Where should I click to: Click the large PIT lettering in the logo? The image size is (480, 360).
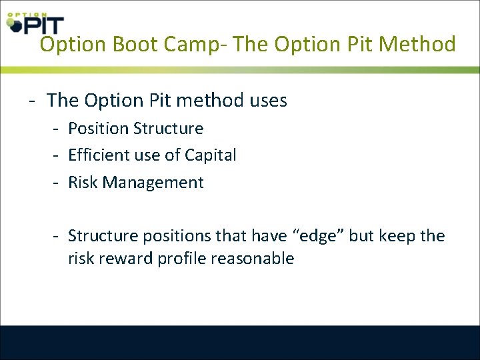tap(44, 25)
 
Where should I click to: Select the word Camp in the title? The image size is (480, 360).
tap(189, 45)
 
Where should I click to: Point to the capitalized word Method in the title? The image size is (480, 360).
tap(417, 45)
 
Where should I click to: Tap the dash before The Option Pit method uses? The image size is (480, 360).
tap(31, 101)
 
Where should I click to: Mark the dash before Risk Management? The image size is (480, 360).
tap(58, 183)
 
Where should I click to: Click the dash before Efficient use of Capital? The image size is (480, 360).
tap(58, 155)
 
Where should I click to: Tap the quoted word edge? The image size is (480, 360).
tap(315, 236)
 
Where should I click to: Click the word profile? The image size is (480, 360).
tap(181, 259)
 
